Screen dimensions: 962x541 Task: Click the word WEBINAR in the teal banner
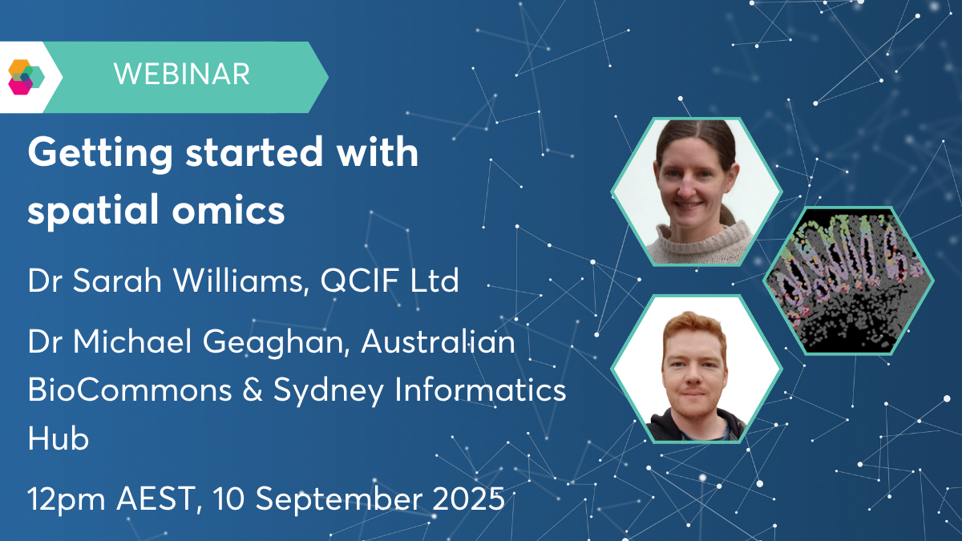(182, 75)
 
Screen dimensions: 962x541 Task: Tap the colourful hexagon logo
(26, 77)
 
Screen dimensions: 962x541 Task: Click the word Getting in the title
(100, 153)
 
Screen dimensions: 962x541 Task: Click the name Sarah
(117, 281)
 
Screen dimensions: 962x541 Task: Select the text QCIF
(359, 281)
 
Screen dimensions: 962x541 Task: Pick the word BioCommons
(130, 390)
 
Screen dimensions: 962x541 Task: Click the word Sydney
(329, 391)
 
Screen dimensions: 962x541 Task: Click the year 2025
(468, 499)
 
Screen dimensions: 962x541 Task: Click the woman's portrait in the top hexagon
(697, 192)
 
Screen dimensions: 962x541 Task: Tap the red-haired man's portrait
(697, 369)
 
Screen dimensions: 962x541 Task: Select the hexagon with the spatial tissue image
(848, 281)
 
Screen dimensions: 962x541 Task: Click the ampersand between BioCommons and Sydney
(253, 390)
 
